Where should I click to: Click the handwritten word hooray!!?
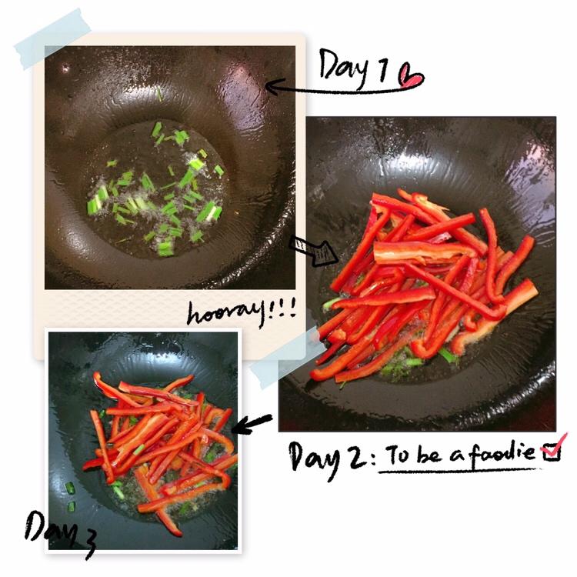(x=242, y=313)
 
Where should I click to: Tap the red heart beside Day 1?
(x=412, y=75)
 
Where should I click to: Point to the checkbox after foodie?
(x=552, y=451)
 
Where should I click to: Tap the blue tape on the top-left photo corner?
(x=53, y=38)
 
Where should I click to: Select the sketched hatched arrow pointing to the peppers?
(x=314, y=251)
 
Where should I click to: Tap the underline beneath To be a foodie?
(x=459, y=470)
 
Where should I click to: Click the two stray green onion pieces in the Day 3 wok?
(x=70, y=498)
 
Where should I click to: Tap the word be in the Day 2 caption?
(x=429, y=455)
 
